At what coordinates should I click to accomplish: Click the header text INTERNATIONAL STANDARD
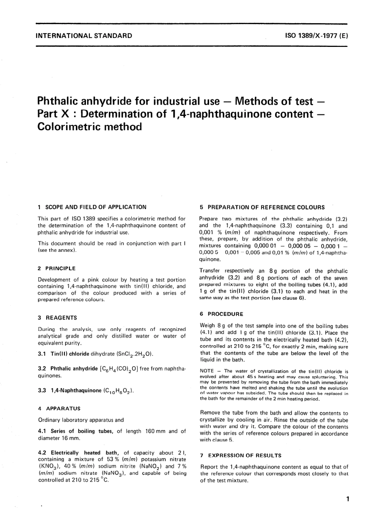tap(84, 36)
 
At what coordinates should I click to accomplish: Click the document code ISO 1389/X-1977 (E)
tap(317, 36)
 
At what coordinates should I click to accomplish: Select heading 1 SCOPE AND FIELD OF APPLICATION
tap(92, 207)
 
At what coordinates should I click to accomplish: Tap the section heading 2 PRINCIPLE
tap(57, 268)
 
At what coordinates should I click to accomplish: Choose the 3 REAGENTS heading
tap(57, 318)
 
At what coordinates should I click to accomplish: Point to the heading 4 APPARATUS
tap(59, 408)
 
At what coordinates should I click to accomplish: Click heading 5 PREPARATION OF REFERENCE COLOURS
tap(262, 207)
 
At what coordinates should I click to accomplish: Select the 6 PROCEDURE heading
tap(222, 314)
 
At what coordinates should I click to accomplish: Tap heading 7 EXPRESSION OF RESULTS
tap(241, 456)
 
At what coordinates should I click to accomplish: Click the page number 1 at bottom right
tap(348, 499)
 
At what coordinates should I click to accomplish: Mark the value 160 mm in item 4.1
tap(155, 431)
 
